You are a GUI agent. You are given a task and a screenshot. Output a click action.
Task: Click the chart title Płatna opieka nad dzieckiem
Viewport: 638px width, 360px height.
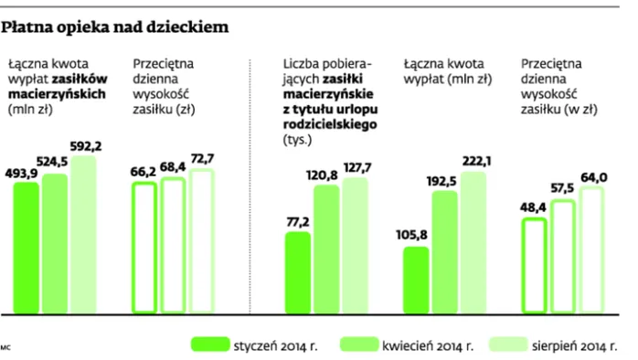click(x=114, y=28)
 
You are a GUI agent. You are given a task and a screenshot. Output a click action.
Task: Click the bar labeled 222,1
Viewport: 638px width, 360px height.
click(x=473, y=238)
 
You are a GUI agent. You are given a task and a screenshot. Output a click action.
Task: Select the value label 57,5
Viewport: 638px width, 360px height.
click(x=561, y=190)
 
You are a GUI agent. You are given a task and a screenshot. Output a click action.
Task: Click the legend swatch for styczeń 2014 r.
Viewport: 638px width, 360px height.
click(x=209, y=344)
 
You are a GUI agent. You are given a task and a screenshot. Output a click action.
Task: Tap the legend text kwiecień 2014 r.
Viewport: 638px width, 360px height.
click(x=428, y=345)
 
